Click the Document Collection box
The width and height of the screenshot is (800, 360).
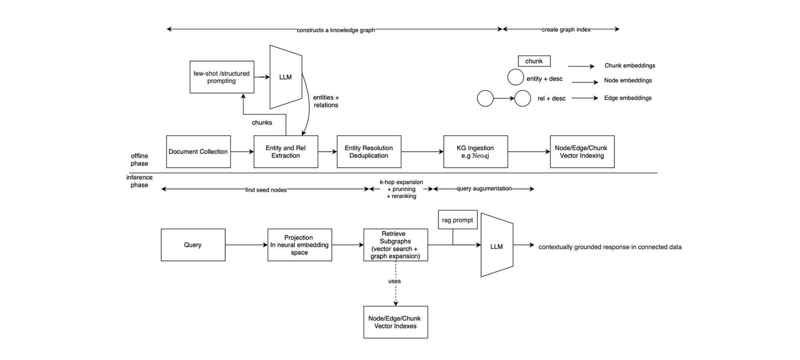[198, 152]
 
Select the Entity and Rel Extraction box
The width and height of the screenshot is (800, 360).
[286, 152]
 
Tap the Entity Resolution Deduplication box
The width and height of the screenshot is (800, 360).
[369, 152]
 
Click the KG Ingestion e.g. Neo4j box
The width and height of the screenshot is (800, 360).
[476, 152]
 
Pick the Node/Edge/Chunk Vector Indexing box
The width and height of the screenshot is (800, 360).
[582, 152]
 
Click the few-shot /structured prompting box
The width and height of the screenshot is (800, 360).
[222, 77]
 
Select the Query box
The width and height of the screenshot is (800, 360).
[193, 245]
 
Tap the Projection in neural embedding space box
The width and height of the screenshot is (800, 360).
[300, 245]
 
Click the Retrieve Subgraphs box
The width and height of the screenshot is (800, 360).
[396, 245]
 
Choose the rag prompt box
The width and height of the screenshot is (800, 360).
[458, 220]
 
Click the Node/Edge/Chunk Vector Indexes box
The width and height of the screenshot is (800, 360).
[396, 322]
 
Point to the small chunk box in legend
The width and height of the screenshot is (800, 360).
[534, 61]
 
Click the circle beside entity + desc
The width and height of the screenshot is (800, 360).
[516, 77]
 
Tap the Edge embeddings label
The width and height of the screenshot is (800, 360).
[628, 98]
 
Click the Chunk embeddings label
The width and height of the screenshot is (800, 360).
[630, 66]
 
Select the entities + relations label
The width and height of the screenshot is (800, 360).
[326, 101]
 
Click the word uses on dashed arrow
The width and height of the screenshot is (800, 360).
[394, 281]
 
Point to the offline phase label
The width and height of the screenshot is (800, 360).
[139, 160]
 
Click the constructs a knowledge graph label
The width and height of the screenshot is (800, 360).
[336, 30]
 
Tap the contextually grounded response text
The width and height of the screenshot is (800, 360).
[610, 247]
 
